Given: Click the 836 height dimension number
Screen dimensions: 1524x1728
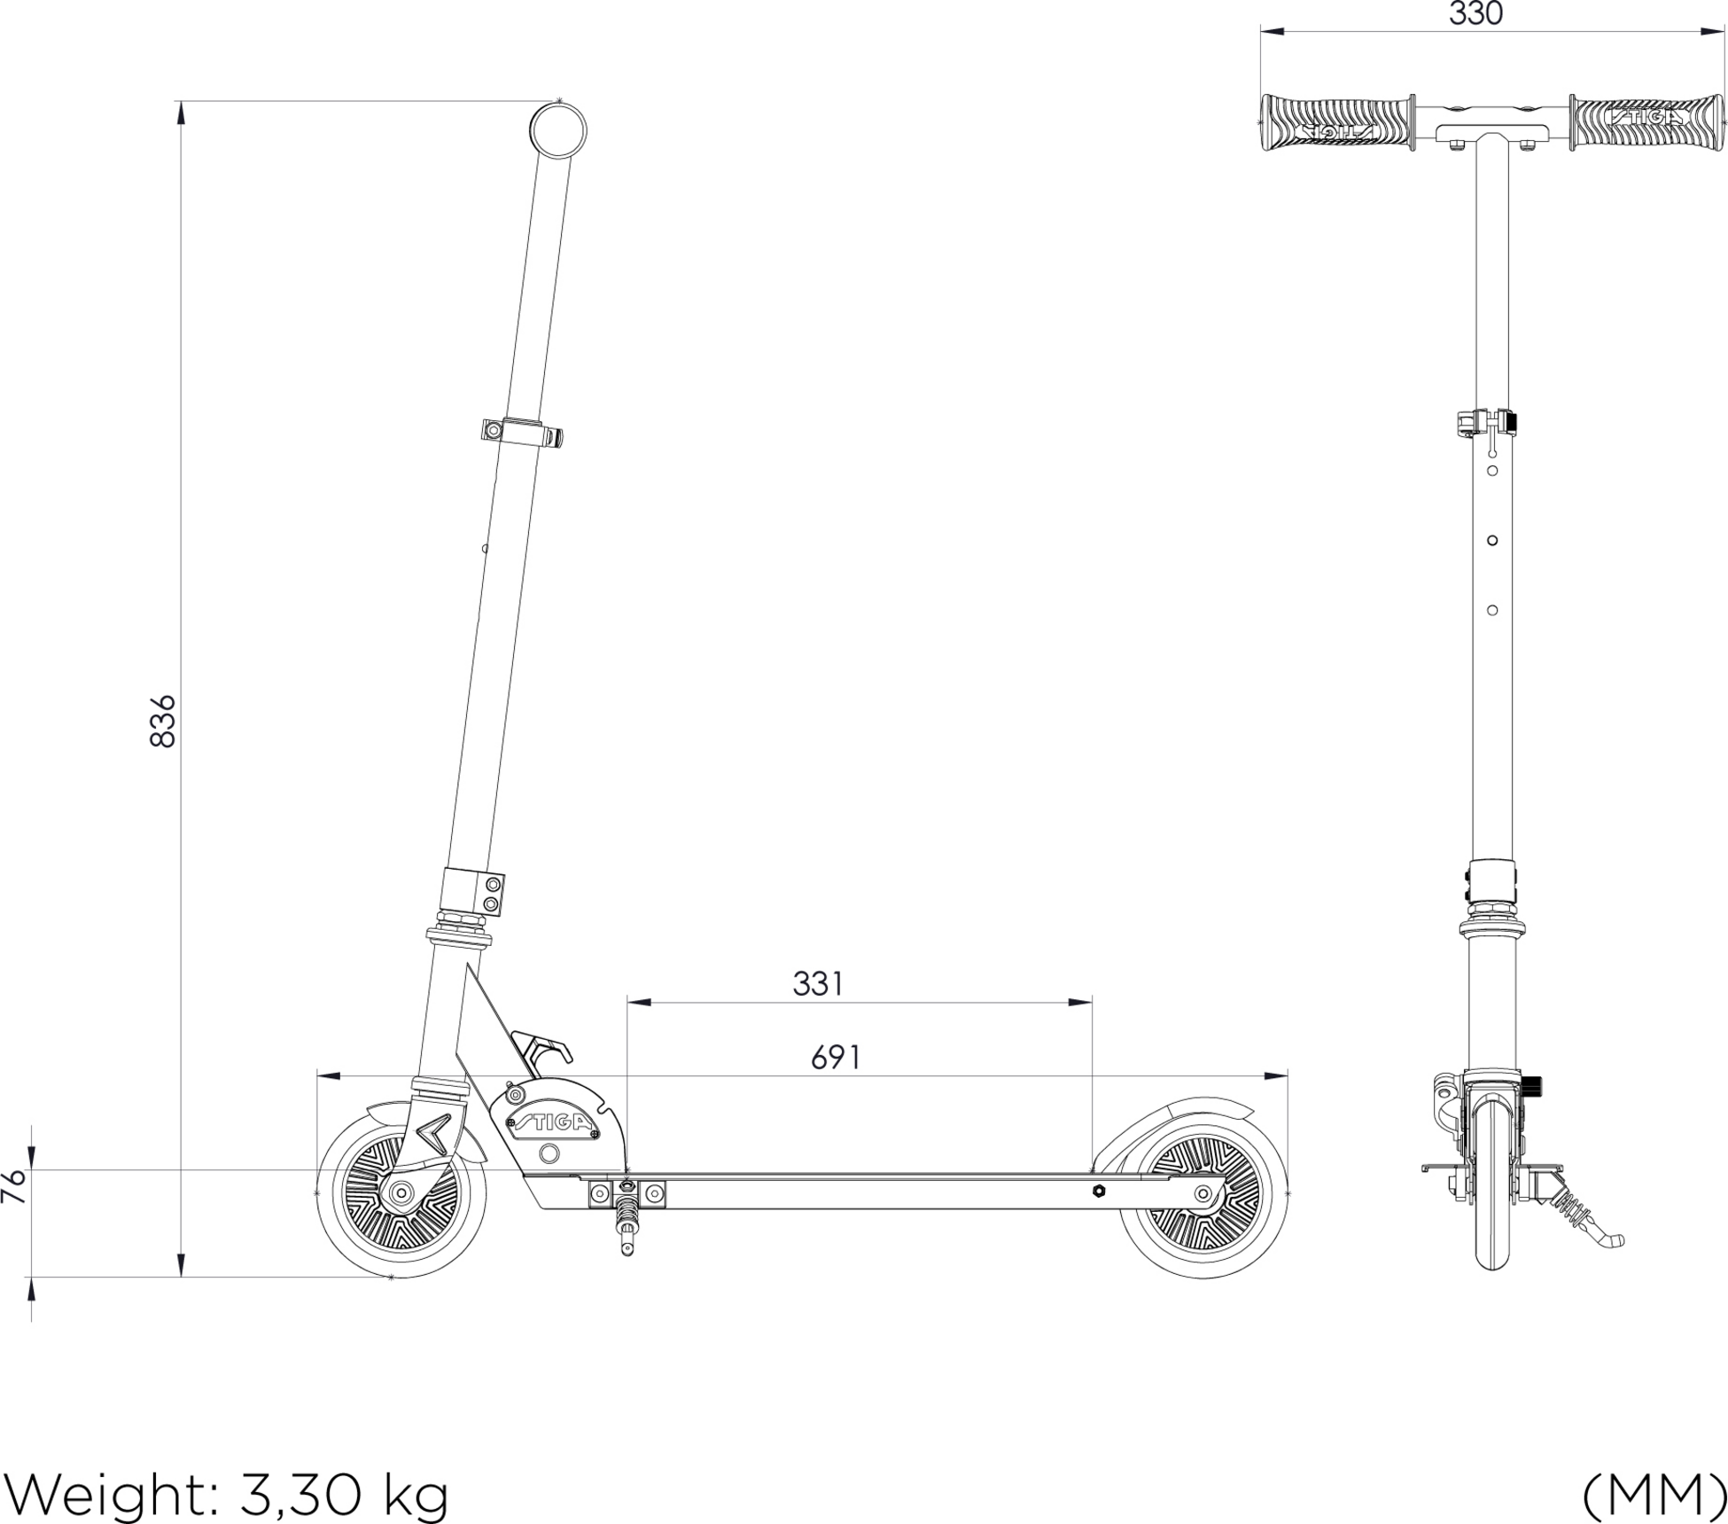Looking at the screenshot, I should tap(163, 722).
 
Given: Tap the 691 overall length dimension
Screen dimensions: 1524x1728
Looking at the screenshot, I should tap(836, 1058).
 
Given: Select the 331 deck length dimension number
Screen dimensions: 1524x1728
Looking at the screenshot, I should tap(818, 984).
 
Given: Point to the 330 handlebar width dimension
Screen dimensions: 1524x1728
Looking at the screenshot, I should tap(1476, 14).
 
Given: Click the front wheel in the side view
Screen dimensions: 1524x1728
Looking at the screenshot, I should tap(401, 1193).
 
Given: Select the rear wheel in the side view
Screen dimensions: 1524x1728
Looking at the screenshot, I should tap(1203, 1193).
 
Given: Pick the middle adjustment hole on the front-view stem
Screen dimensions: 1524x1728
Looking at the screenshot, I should tap(1492, 540).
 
